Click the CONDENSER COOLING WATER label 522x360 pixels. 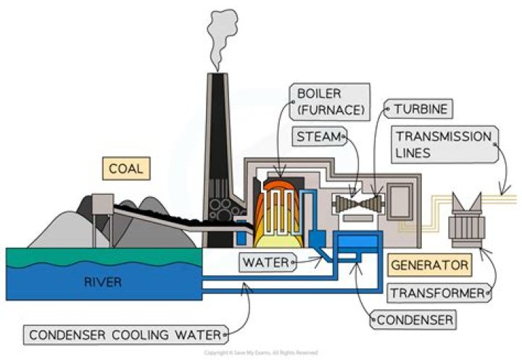[x=123, y=335]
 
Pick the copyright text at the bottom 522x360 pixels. [x=260, y=353]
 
